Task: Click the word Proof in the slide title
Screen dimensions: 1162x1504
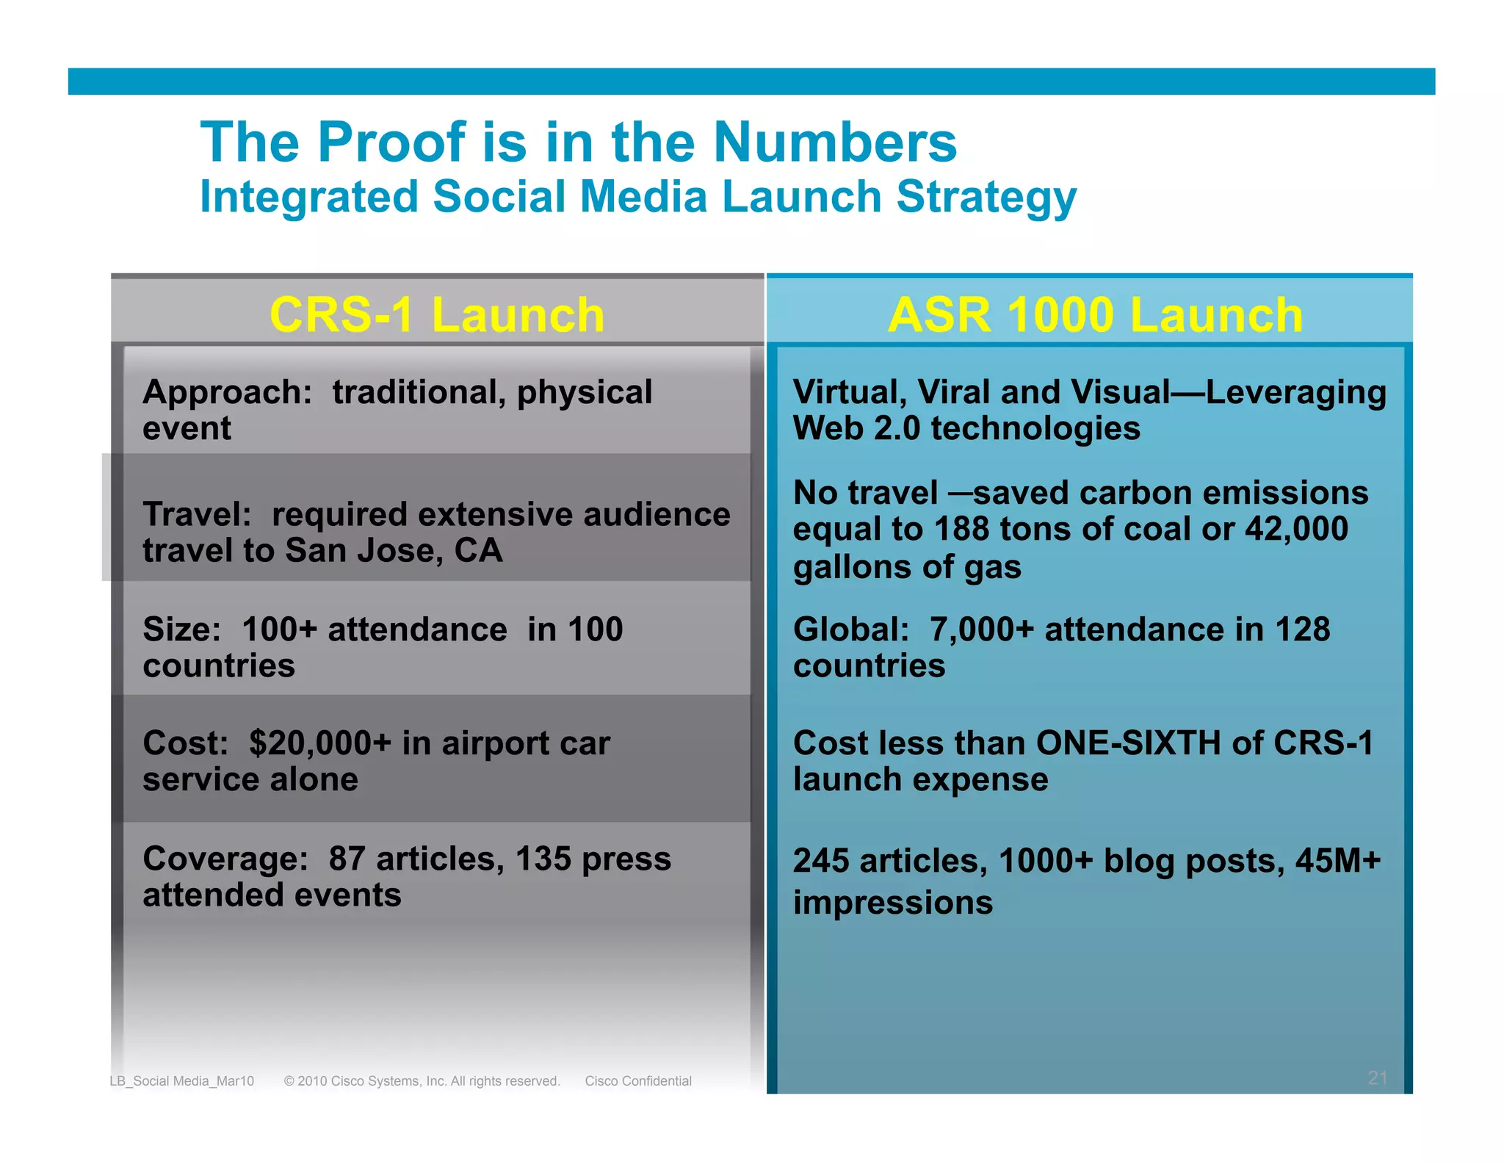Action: coord(391,142)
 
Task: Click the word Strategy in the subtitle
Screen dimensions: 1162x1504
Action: coord(986,198)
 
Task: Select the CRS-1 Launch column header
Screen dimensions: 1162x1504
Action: coord(437,314)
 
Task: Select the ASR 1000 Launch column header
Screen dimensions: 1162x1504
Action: coord(1095,314)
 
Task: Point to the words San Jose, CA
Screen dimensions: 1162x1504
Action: coord(394,550)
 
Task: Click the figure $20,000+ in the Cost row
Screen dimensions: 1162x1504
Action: coord(320,743)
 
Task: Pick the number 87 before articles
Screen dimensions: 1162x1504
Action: coord(347,859)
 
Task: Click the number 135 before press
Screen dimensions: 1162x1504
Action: coord(543,859)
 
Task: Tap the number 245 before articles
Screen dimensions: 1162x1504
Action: coord(820,861)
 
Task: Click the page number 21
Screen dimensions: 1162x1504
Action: coord(1378,1078)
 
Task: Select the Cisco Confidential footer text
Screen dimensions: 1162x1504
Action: coord(638,1081)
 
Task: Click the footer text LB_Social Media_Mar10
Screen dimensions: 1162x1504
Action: coord(181,1081)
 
